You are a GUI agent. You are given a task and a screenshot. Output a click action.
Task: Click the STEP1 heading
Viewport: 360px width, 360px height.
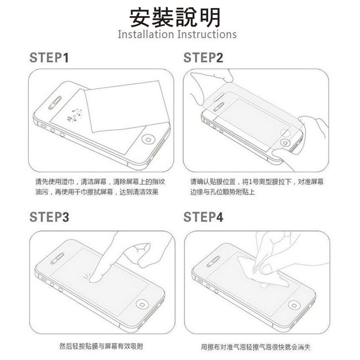pyautogui.click(x=49, y=58)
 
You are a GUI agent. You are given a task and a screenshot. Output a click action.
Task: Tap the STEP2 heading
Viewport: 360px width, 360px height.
pyautogui.click(x=203, y=58)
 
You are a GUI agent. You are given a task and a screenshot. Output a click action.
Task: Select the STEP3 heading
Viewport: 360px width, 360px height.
pyautogui.click(x=49, y=217)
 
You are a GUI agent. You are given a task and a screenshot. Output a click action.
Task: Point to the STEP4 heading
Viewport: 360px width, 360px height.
pyautogui.click(x=203, y=217)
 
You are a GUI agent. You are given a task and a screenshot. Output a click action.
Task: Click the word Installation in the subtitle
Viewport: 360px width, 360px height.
pyautogui.click(x=146, y=35)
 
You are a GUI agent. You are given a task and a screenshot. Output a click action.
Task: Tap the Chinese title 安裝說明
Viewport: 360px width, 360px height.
pyautogui.click(x=175, y=17)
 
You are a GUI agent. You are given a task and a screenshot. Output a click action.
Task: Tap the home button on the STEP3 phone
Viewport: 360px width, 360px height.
pyautogui.click(x=142, y=304)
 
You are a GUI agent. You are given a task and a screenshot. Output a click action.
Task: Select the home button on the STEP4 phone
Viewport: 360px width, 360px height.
pyautogui.click(x=294, y=305)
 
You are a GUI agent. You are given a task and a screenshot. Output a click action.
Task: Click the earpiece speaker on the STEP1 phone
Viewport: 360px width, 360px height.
pyautogui.click(x=55, y=103)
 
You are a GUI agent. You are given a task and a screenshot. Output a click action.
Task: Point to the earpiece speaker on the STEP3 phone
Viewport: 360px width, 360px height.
pyautogui.click(x=57, y=259)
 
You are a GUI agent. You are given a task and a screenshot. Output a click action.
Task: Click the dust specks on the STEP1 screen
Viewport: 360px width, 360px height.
pyautogui.click(x=75, y=115)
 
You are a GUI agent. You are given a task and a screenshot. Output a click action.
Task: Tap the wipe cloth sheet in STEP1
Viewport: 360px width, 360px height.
pyautogui.click(x=127, y=107)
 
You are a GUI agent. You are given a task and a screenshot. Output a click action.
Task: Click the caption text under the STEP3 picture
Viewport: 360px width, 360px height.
pyautogui.click(x=101, y=346)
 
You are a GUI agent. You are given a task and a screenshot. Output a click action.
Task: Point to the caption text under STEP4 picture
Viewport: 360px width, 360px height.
pyautogui.click(x=256, y=347)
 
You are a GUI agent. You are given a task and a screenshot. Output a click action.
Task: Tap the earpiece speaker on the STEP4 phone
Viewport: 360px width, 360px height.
pyautogui.click(x=213, y=261)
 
